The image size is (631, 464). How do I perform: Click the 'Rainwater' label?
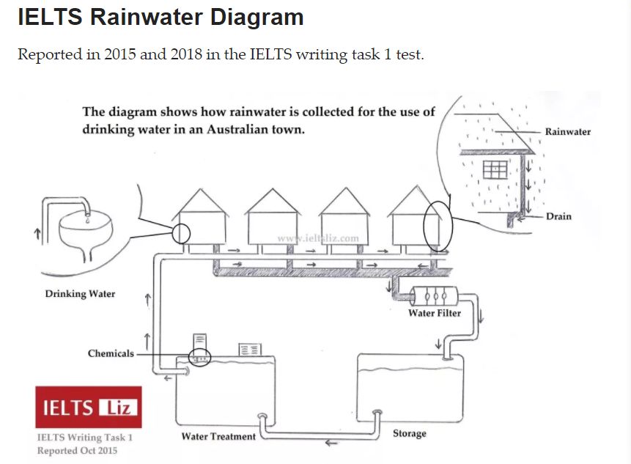point(567,132)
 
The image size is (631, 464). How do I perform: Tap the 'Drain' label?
point(558,217)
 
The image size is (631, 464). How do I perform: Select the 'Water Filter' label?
point(435,313)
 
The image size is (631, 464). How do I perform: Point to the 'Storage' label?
point(409,433)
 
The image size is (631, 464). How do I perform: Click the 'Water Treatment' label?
point(218,436)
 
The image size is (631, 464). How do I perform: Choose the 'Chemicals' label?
point(111,353)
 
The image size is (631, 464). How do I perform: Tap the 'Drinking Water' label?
point(80,294)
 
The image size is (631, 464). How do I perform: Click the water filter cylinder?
point(434,296)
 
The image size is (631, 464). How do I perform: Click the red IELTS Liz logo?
point(88,407)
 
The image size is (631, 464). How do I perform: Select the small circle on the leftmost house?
point(180,233)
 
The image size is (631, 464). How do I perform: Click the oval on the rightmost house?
point(438,224)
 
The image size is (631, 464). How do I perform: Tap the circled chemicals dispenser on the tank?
point(199,357)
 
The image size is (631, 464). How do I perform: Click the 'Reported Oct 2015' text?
point(77,450)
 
